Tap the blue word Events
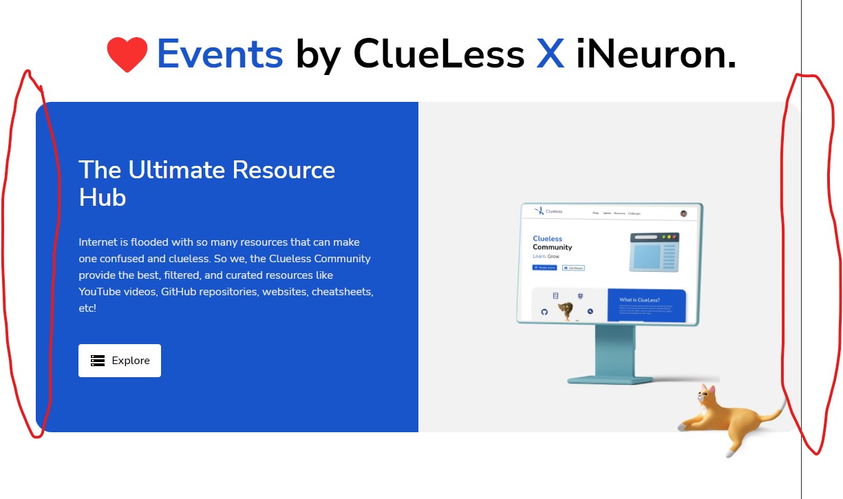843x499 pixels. coord(220,54)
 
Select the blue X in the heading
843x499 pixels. coord(550,54)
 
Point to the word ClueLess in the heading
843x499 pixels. coord(438,54)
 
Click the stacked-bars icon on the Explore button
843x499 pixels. coord(98,361)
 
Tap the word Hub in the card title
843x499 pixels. coord(103,198)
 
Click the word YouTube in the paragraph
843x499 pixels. coord(102,292)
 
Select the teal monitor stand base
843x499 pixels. coord(610,378)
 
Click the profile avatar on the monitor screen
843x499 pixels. coord(683,213)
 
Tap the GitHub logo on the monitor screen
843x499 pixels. coord(544,312)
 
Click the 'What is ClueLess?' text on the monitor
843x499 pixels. coord(639,300)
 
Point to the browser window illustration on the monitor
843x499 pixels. coord(654,251)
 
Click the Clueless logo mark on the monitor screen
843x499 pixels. coord(540,211)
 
